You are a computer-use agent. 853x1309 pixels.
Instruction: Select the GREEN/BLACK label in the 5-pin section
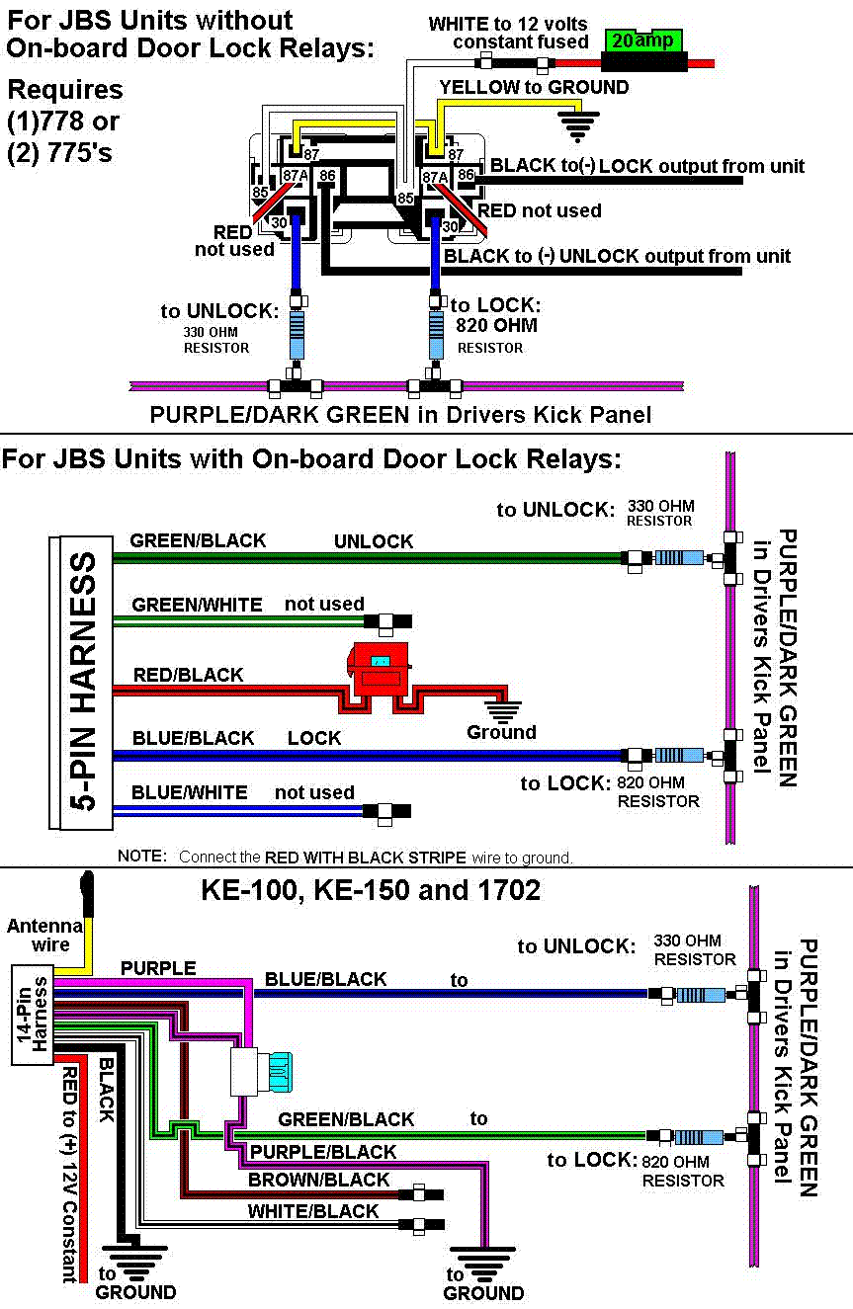point(198,540)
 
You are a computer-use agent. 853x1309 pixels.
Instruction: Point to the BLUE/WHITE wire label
point(189,792)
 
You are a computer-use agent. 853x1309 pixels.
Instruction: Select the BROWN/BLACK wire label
point(318,1180)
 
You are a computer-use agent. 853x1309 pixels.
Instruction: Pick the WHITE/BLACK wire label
point(313,1211)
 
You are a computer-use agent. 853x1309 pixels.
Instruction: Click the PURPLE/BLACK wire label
point(322,1152)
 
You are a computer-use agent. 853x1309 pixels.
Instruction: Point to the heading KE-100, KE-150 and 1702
point(371,890)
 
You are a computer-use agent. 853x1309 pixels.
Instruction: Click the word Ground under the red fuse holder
point(501,732)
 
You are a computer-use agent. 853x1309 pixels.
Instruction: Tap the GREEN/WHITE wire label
point(197,604)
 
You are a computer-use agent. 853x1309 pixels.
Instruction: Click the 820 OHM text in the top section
point(495,325)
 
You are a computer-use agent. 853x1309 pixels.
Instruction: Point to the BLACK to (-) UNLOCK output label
point(618,256)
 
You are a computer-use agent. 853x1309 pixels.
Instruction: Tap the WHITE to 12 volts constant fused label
point(509,33)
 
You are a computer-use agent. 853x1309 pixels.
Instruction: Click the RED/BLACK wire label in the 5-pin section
point(188,675)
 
